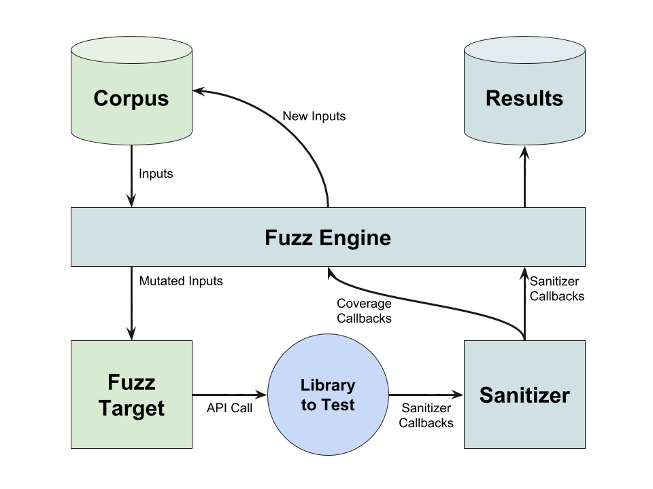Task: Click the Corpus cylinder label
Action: click(131, 98)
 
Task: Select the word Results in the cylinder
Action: click(524, 98)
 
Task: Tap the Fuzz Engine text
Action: click(327, 238)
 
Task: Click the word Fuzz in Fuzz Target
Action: click(131, 382)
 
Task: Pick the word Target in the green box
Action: click(131, 408)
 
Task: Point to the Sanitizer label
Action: click(524, 395)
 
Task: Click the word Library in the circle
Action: click(327, 385)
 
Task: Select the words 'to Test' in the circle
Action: click(327, 405)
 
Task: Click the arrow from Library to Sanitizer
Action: click(426, 395)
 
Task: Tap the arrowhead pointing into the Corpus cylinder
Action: click(201, 91)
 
